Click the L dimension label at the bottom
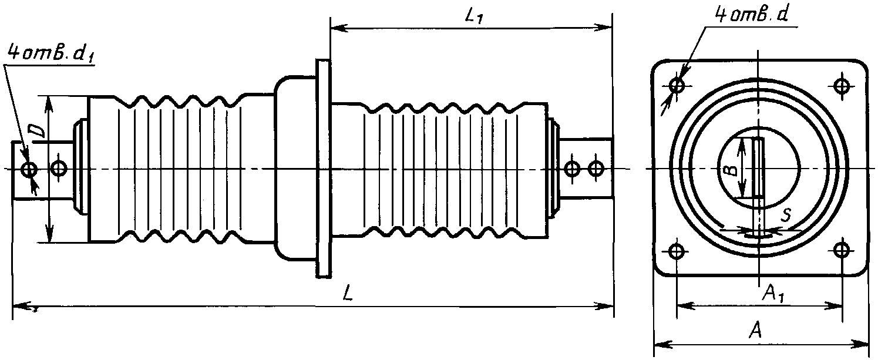(x=347, y=293)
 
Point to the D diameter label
(x=38, y=132)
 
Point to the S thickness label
(x=785, y=216)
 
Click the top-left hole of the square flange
(x=677, y=85)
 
